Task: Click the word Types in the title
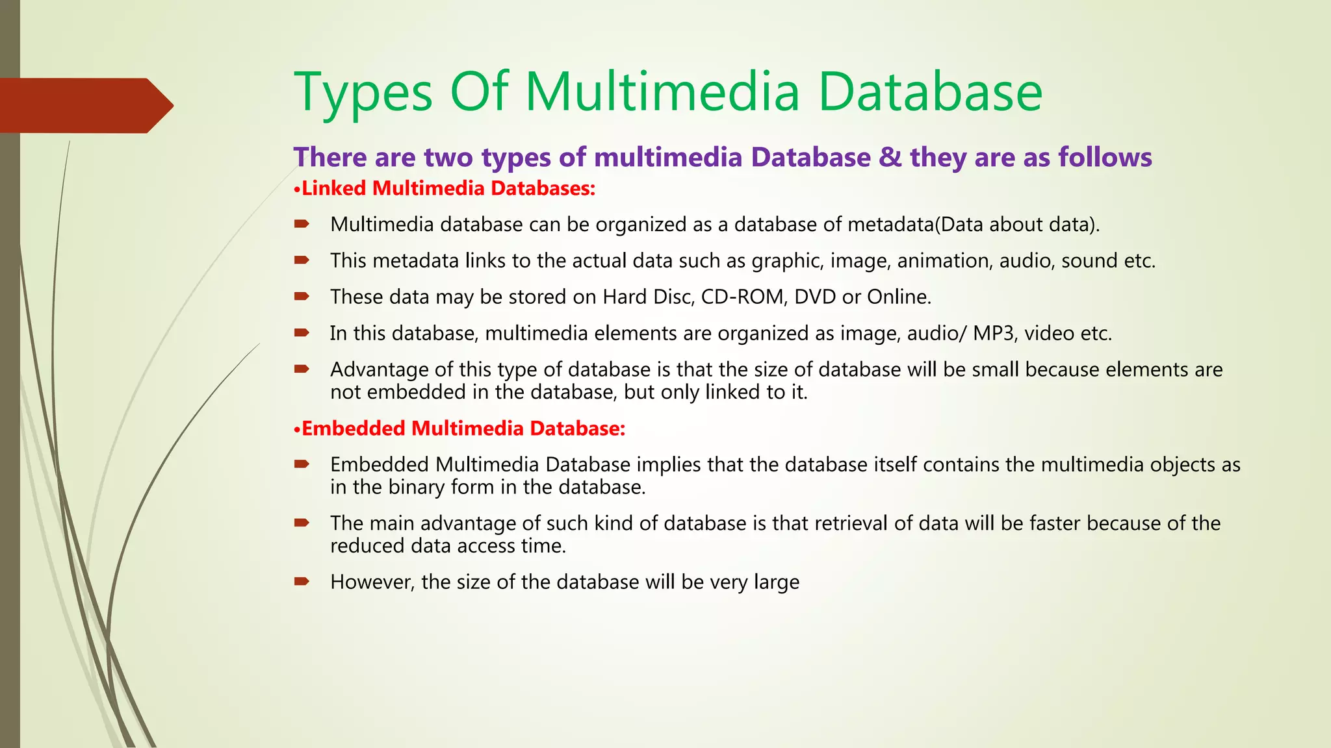(363, 92)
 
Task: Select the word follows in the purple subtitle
(1105, 157)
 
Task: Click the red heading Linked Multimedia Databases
(448, 188)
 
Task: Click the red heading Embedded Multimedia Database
(463, 429)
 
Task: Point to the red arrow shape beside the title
(86, 105)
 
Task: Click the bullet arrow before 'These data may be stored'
(302, 297)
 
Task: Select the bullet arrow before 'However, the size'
(302, 581)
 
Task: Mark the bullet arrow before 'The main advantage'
(302, 523)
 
